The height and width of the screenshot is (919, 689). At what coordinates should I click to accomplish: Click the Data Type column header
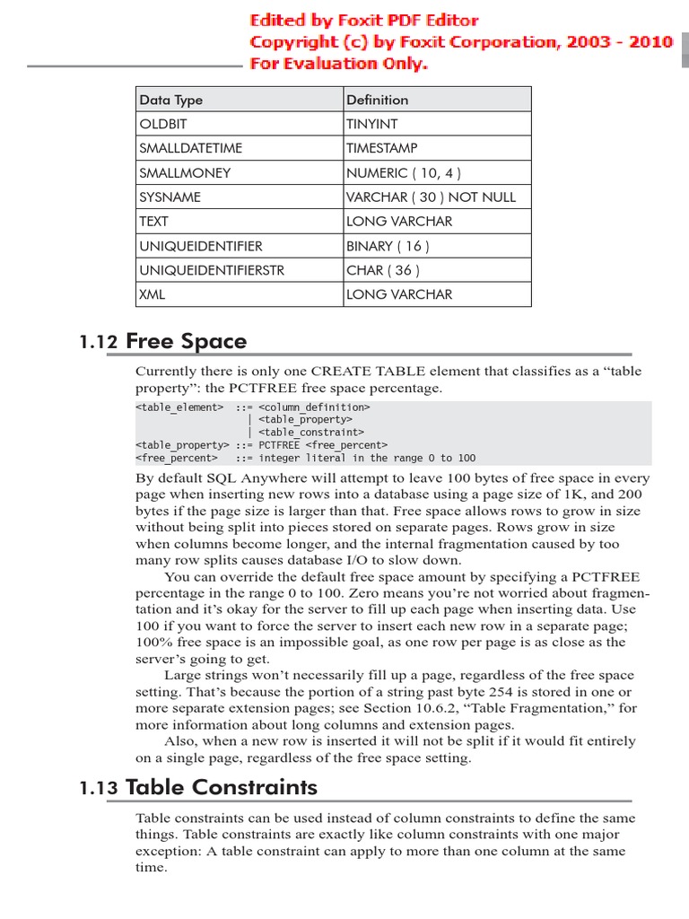click(x=170, y=100)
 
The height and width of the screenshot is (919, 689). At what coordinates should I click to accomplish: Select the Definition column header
click(x=377, y=100)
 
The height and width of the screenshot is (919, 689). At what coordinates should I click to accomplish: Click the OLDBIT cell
click(x=163, y=124)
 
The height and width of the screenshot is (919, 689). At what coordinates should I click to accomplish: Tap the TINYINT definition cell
click(x=371, y=124)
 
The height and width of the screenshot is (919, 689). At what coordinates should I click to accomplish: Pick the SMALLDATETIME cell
click(x=190, y=148)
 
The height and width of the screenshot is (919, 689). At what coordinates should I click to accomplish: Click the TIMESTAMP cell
click(x=381, y=148)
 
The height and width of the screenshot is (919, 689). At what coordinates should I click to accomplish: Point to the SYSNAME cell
click(x=170, y=197)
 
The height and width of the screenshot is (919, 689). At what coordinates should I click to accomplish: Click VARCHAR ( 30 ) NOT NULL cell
click(x=431, y=197)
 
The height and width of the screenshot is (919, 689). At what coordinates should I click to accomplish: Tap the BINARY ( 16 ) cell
click(x=388, y=245)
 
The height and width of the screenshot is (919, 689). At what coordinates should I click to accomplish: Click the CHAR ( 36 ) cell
click(x=382, y=269)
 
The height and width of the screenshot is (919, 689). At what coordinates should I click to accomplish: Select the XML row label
click(x=153, y=293)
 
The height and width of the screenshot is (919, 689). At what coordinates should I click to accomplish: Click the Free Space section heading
click(x=186, y=341)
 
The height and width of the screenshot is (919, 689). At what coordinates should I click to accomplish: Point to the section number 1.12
click(x=99, y=342)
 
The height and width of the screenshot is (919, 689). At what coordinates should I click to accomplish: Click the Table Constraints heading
click(x=222, y=787)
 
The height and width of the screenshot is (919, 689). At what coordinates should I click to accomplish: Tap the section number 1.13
click(x=99, y=788)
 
